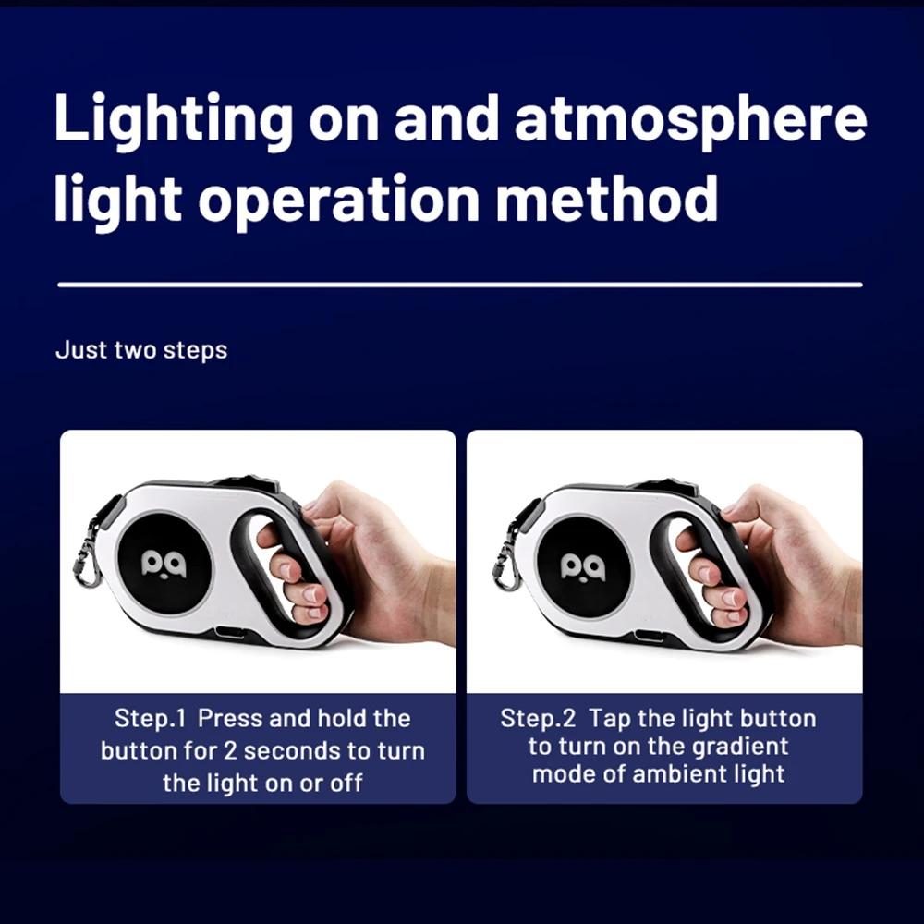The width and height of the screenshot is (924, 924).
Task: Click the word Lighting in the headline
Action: pos(174,122)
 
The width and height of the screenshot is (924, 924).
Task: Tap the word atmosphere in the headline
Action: pos(690,122)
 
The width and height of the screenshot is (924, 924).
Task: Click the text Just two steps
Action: pos(141,350)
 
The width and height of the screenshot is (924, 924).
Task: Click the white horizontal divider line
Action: pos(460,285)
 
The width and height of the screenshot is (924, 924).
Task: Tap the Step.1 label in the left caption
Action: pos(151,718)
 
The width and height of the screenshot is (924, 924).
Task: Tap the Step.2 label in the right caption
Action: pos(538,718)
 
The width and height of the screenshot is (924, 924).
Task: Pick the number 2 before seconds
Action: pos(229,750)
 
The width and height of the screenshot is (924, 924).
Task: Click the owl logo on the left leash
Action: pos(164,565)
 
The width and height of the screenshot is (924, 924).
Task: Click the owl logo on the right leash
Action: pos(582,567)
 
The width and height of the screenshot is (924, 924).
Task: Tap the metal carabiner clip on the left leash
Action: pos(86,557)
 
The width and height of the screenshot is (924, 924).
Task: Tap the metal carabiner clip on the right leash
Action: pos(506,560)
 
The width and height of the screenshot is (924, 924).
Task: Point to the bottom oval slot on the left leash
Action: pos(230,633)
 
